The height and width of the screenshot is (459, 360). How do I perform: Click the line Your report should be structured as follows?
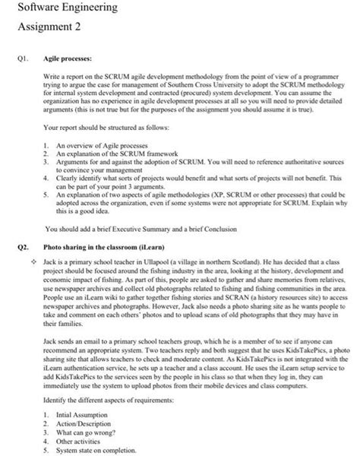[99, 128]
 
